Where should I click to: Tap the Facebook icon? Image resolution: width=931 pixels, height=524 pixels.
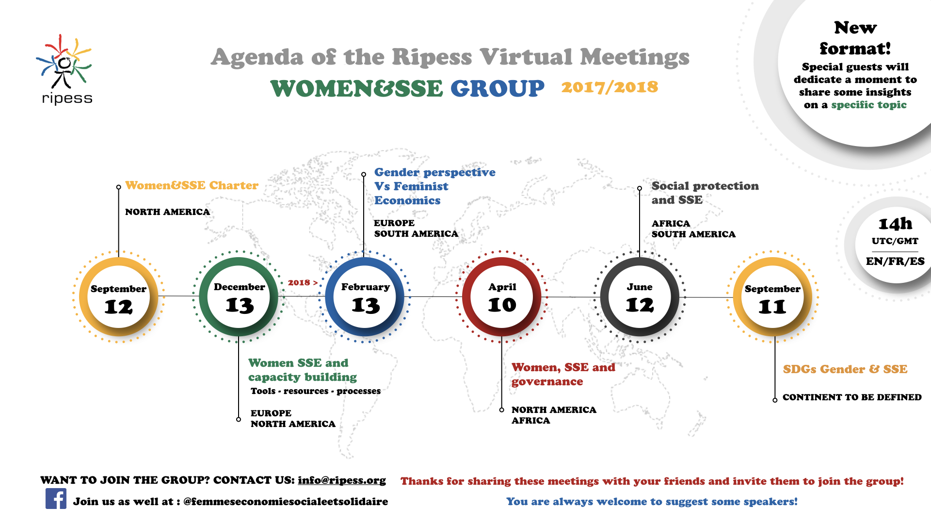pyautogui.click(x=56, y=498)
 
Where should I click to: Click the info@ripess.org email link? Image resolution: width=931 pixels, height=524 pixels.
pyautogui.click(x=342, y=480)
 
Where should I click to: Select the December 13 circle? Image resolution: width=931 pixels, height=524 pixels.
pyautogui.click(x=239, y=296)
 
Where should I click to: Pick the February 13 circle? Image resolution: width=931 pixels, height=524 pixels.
pyautogui.click(x=365, y=296)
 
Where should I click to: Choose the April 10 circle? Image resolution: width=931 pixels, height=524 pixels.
pyautogui.click(x=502, y=296)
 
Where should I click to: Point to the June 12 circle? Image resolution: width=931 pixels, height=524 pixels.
pyautogui.click(x=640, y=296)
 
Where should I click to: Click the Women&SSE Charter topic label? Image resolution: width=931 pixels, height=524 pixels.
pyautogui.click(x=192, y=185)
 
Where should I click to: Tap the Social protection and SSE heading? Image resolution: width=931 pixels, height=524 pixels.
pyautogui.click(x=705, y=193)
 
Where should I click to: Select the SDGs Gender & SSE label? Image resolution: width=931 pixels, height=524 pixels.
pyautogui.click(x=845, y=369)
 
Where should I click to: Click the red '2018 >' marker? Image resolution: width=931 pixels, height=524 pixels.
pyautogui.click(x=303, y=282)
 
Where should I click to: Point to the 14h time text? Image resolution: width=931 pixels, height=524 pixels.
pyautogui.click(x=895, y=224)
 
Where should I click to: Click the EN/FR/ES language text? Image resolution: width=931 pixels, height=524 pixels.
pyautogui.click(x=895, y=261)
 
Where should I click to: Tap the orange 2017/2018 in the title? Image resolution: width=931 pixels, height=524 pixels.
pyautogui.click(x=610, y=87)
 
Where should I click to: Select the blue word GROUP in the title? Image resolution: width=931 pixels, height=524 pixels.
pyautogui.click(x=498, y=88)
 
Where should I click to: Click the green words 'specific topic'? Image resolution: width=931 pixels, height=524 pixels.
pyautogui.click(x=869, y=105)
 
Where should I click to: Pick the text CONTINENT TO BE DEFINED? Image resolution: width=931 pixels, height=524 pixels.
pyautogui.click(x=852, y=397)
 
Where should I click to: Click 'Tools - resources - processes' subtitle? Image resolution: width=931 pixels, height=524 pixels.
pyautogui.click(x=316, y=391)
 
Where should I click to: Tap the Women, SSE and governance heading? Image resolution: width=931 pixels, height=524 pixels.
pyautogui.click(x=563, y=374)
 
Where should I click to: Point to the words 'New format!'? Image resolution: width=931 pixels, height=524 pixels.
pyautogui.click(x=855, y=38)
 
